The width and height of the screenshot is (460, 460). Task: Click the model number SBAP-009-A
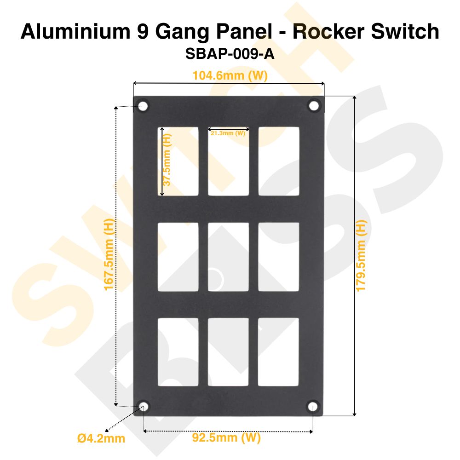coord(230,54)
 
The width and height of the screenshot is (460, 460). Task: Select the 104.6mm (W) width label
coord(230,75)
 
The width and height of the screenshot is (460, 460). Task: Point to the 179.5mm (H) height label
coord(362,255)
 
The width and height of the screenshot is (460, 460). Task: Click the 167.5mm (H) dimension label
coord(109,254)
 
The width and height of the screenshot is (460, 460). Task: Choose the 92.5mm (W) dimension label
coord(226,437)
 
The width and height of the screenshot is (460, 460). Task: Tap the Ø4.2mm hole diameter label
coord(101,438)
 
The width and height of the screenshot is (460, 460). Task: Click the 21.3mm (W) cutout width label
coord(228,133)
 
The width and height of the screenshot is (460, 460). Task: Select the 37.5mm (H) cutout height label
coord(167,160)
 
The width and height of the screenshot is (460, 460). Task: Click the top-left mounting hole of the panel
coord(143,106)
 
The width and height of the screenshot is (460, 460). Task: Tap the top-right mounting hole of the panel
coord(314,106)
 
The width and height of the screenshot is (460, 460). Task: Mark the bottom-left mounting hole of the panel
coord(144,406)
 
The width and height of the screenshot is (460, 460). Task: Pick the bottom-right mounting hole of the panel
coord(312,406)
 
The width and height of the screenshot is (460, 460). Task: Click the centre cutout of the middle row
coord(229,257)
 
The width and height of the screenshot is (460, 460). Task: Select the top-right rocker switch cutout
coord(279,161)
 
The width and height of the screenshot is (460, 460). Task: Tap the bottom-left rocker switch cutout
coord(178,352)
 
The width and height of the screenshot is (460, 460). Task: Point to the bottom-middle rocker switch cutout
coord(229,352)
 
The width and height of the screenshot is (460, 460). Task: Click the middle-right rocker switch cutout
coord(279,257)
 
